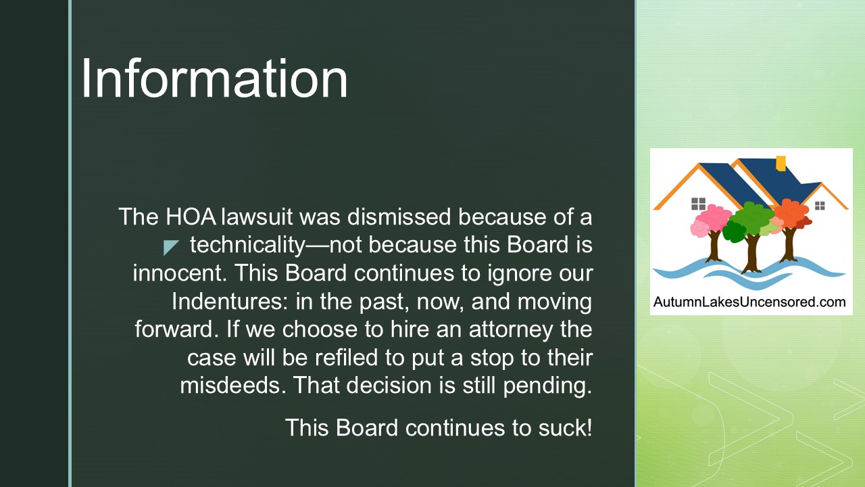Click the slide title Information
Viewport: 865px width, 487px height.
(214, 78)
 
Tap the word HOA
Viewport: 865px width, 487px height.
(191, 216)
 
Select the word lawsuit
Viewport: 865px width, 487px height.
(257, 216)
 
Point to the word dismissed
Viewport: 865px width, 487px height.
(399, 216)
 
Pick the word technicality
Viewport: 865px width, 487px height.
(247, 246)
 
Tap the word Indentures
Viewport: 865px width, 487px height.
(230, 301)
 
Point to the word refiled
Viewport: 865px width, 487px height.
(347, 358)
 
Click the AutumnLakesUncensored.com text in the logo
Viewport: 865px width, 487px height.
(749, 302)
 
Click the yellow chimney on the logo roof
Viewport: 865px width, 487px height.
(781, 163)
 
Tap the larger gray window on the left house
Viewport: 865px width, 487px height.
(698, 204)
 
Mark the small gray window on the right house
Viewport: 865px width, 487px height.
(820, 206)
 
